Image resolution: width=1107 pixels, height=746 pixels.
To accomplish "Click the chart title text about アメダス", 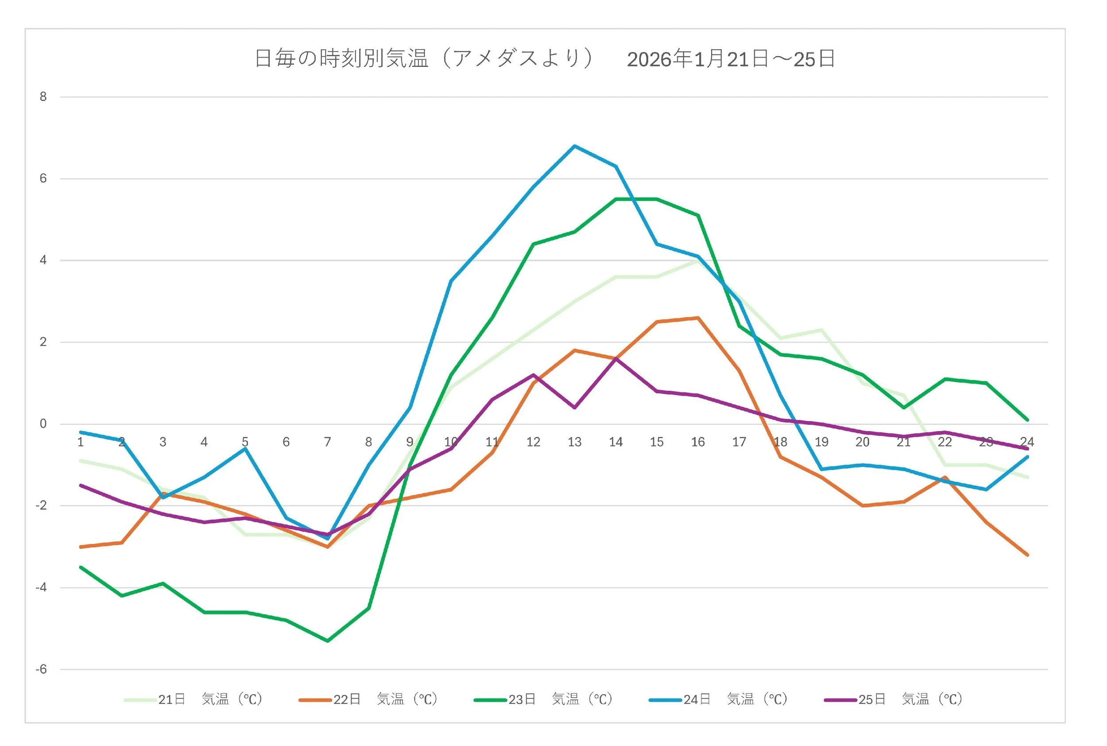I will (x=423, y=59).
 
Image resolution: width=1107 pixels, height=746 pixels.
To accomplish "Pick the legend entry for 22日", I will (x=368, y=699).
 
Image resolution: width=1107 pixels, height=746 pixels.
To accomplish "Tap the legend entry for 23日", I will (x=543, y=699).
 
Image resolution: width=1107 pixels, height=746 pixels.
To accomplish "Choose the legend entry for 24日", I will (x=718, y=699).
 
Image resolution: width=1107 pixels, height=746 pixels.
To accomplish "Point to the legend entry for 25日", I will (x=893, y=699).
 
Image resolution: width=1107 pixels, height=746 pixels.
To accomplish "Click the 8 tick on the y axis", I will (x=43, y=97).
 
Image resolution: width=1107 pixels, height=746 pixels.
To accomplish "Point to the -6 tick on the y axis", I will (x=41, y=669).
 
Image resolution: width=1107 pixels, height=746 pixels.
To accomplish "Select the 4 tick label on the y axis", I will (x=43, y=260).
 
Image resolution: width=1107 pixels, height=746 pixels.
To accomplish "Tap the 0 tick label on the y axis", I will (x=43, y=424).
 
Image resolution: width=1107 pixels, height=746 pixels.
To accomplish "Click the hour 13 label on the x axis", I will (x=574, y=443).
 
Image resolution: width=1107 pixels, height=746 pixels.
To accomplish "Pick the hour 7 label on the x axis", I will (x=327, y=443).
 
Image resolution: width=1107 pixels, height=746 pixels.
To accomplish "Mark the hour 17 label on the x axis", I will (x=739, y=443).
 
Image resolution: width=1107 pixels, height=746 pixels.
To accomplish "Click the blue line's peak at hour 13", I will (x=574, y=146).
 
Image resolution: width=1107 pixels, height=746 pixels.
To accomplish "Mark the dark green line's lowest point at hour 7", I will (x=328, y=641).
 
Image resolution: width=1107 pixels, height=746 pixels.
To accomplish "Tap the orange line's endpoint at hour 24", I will (x=1027, y=555).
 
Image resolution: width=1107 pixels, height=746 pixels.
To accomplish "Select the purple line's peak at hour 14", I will (x=616, y=359).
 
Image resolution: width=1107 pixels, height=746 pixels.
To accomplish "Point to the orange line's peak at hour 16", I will (x=698, y=318).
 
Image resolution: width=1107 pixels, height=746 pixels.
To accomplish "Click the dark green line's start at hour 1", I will (x=81, y=567).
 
